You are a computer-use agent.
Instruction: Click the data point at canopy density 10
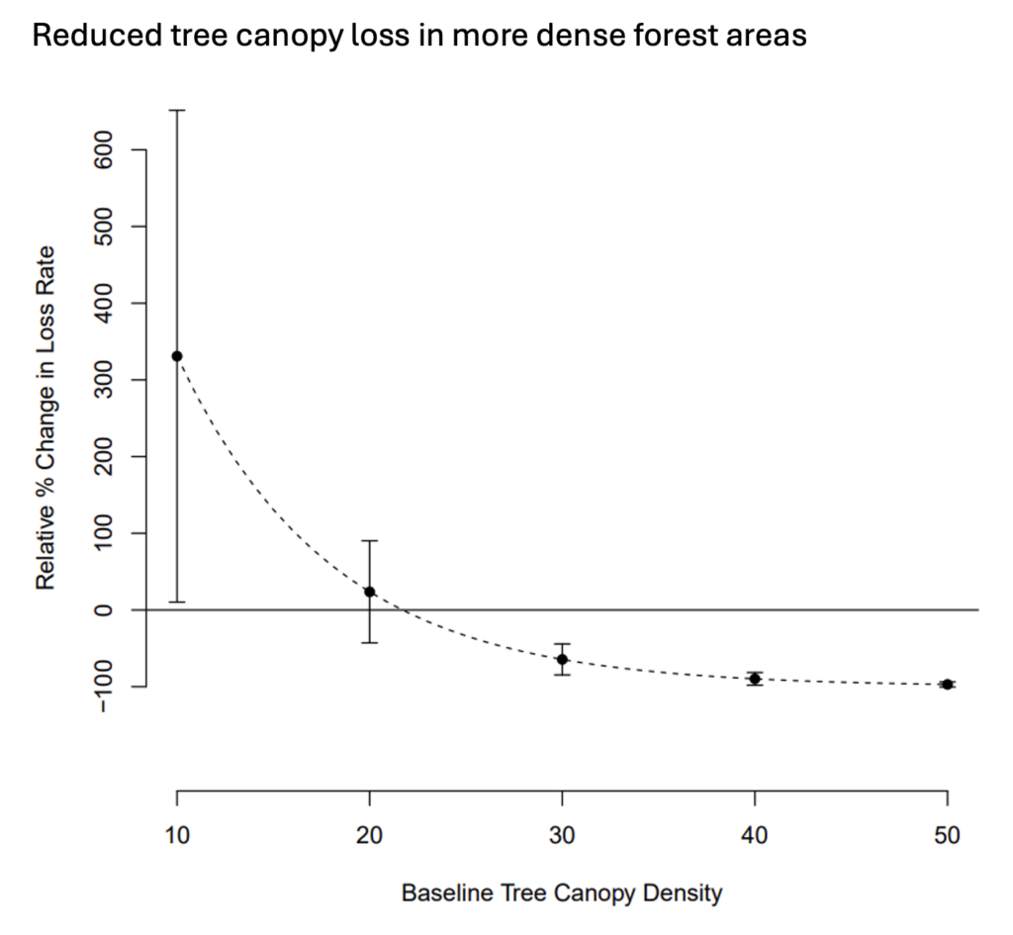point(177,356)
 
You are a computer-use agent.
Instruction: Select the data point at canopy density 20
point(370,592)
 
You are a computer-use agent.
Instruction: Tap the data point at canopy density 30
point(562,659)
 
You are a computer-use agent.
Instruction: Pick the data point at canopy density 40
point(755,679)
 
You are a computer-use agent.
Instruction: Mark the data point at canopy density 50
point(947,685)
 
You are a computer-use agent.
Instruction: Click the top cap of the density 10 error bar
point(177,111)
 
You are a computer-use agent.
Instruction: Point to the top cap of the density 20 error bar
point(370,541)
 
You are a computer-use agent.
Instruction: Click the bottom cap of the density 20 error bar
point(370,643)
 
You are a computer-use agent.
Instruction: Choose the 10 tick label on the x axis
point(177,834)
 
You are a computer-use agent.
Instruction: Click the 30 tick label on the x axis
point(562,834)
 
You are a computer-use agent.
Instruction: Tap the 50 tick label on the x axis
point(947,834)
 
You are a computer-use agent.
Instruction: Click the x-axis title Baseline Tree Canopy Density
point(562,893)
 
